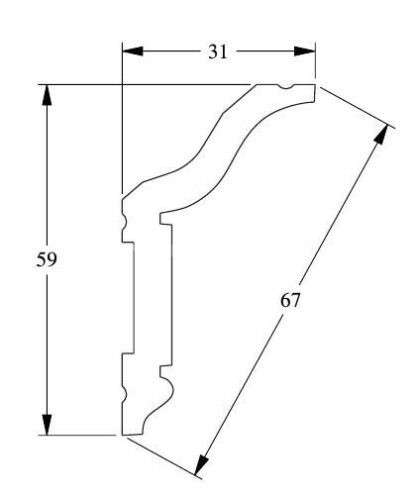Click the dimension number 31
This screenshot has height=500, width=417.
point(218,51)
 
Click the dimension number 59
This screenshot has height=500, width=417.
point(47,259)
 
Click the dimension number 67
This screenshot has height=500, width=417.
point(290,301)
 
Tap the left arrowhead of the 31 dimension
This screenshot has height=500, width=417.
point(133,51)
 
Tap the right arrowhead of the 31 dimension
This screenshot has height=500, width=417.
point(305,51)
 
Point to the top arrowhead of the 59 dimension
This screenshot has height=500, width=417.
point(47,95)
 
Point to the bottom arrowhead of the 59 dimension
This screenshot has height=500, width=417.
point(47,425)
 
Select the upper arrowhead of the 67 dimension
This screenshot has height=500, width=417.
point(381,135)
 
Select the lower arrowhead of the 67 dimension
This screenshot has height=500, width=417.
point(201,464)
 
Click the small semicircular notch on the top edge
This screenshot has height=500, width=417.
point(286,87)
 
